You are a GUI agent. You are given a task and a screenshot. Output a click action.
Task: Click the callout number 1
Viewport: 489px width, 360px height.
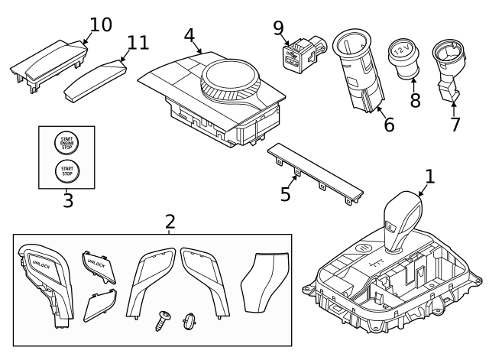coord(429,177)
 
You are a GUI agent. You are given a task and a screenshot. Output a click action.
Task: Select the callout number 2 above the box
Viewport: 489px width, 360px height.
coord(170,222)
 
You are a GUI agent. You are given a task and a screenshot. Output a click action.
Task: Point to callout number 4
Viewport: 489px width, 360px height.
coord(189,35)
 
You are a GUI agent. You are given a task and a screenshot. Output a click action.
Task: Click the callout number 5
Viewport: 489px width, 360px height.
coord(285,194)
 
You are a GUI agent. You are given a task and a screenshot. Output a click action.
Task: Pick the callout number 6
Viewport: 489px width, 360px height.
coord(389,125)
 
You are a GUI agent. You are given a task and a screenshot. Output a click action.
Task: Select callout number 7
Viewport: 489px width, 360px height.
coord(455,124)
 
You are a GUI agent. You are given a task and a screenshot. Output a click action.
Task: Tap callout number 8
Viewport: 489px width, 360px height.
coord(415,100)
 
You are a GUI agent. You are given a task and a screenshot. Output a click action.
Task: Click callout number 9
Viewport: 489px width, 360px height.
coord(279,28)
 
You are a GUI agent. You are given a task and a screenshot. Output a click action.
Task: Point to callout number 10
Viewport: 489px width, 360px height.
coord(100,24)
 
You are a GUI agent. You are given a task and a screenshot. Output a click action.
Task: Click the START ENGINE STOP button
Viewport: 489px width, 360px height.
coord(66,143)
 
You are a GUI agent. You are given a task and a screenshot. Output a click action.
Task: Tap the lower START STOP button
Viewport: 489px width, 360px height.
coord(66,170)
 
